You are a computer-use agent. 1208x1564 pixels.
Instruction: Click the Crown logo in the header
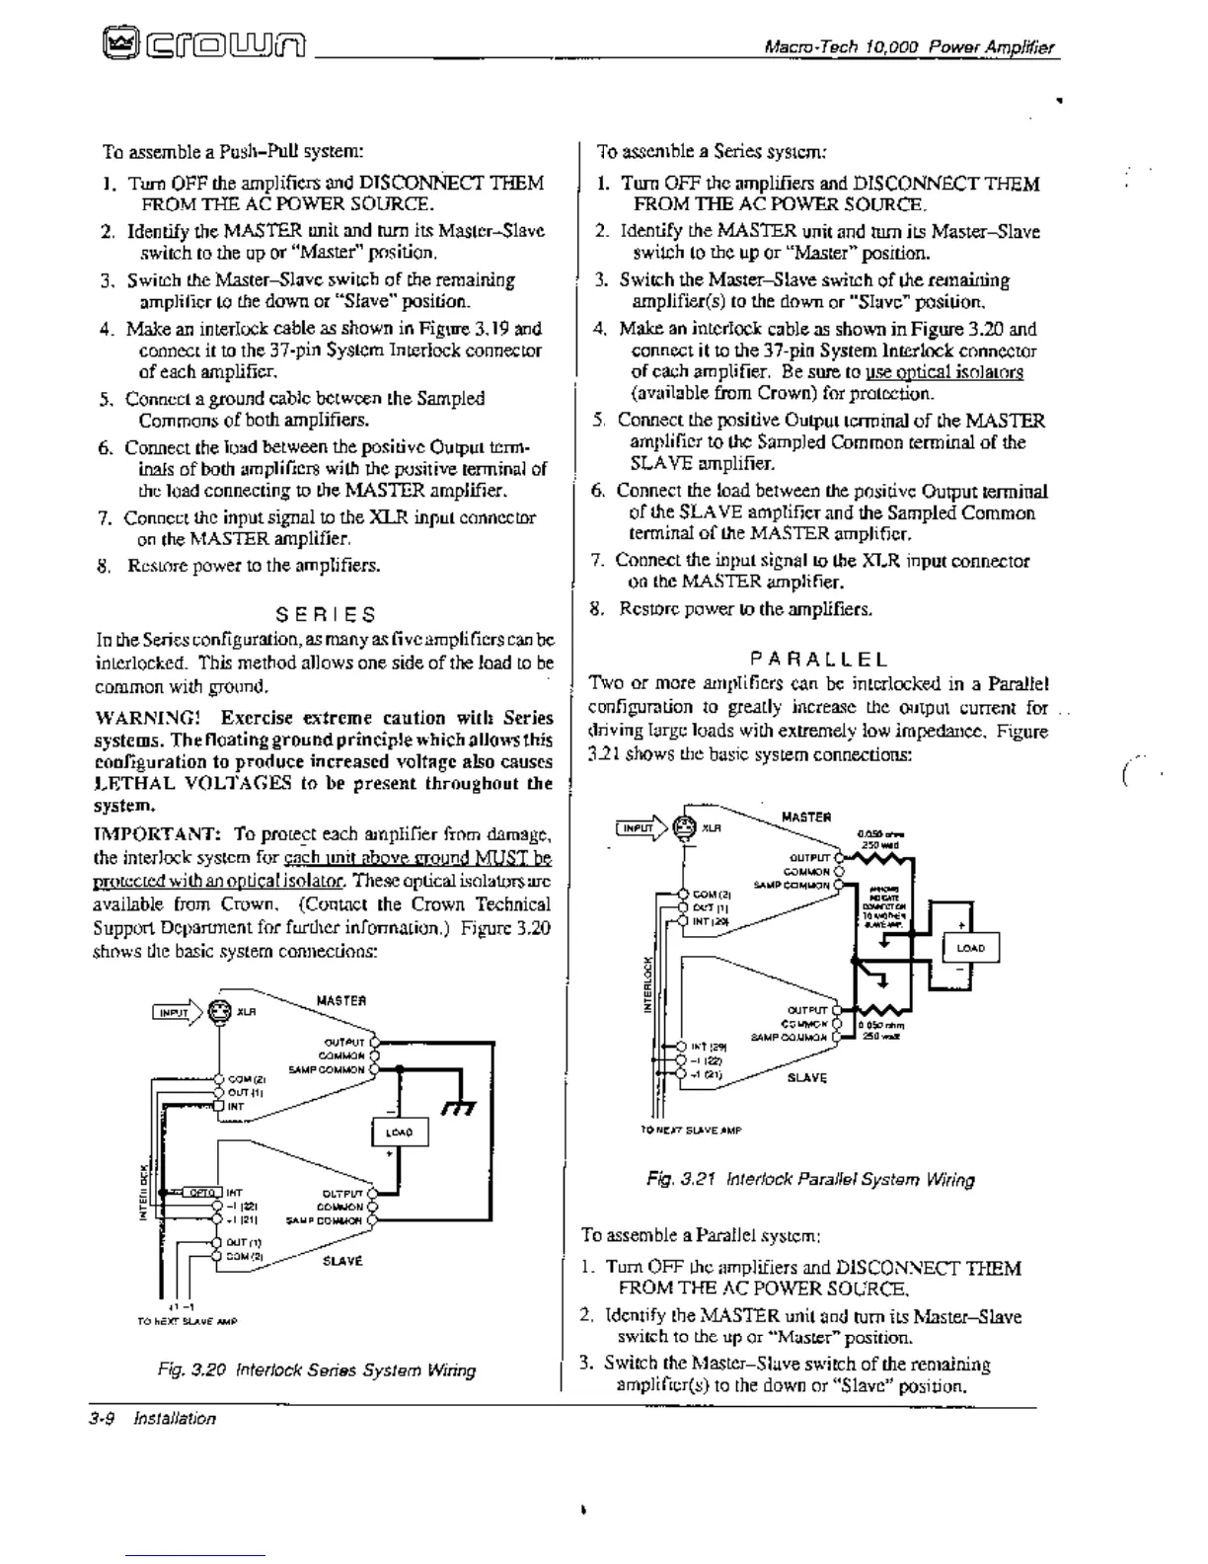pos(204,43)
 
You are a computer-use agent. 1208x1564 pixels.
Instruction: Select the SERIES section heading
pos(326,614)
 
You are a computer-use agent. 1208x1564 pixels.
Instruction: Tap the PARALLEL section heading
pos(818,659)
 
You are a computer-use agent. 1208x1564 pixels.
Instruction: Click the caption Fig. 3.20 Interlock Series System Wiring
pos(316,1370)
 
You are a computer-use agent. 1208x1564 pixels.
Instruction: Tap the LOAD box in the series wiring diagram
pos(400,1132)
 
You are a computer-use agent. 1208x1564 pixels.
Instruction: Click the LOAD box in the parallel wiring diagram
pos(971,949)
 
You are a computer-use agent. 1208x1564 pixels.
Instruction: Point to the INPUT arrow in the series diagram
pos(175,1012)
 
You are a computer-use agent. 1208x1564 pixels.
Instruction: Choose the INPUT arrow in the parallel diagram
pos(640,828)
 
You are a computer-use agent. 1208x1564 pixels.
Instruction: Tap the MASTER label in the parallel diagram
pos(805,818)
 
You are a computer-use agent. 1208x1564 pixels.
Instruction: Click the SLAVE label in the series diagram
pos(342,1261)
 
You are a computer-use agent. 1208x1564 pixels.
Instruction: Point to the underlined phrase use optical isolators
pos(944,372)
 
